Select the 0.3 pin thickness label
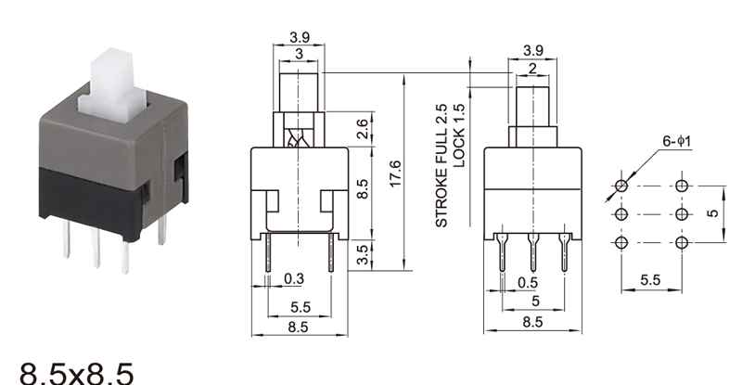(294, 278)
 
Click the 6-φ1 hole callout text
(677, 141)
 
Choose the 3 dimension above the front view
(298, 55)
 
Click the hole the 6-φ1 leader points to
(620, 186)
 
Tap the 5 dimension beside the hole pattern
(712, 214)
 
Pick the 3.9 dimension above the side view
(532, 50)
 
